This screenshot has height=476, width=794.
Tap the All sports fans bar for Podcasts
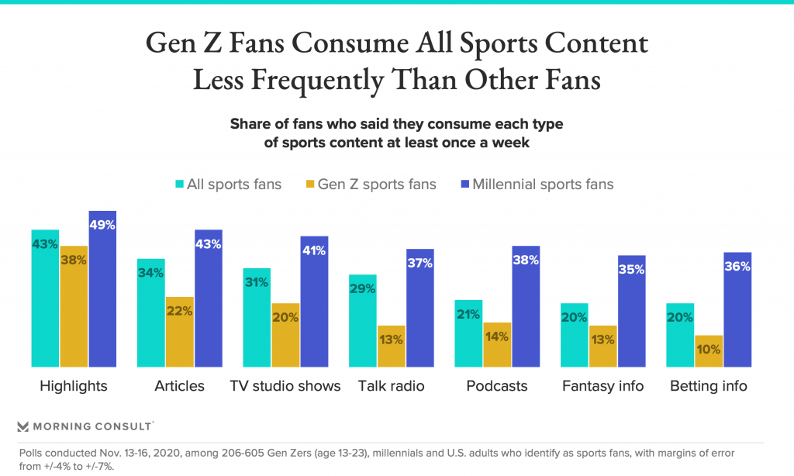(x=468, y=333)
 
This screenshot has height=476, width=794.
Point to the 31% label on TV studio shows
(x=257, y=282)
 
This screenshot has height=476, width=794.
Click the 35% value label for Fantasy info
(x=632, y=270)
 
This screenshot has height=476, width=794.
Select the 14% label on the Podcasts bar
(x=497, y=336)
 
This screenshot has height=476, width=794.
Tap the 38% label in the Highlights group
(x=74, y=260)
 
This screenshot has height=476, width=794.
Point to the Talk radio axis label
(x=392, y=386)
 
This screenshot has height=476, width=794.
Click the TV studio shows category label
(x=285, y=386)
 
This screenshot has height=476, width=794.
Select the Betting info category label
(x=709, y=386)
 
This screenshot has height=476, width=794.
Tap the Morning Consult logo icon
(x=22, y=426)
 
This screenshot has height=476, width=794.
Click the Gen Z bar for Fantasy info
(x=603, y=346)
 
